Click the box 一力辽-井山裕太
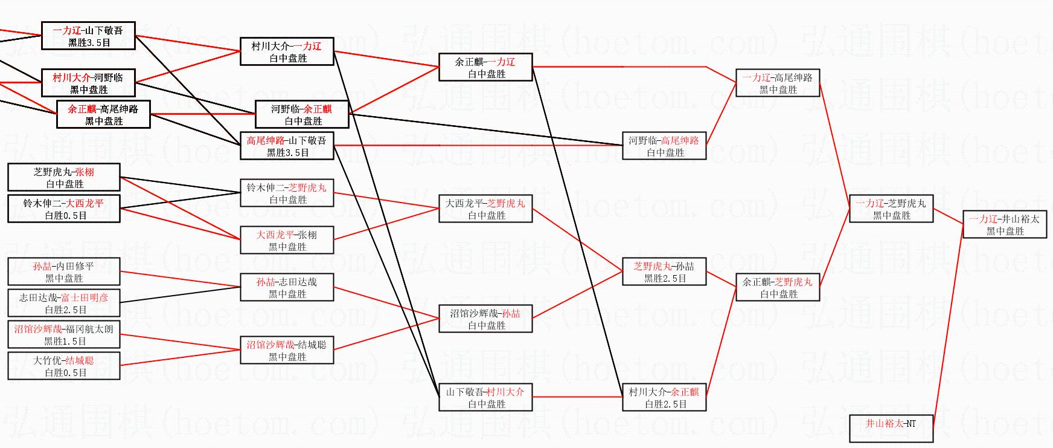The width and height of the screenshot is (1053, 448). [1004, 224]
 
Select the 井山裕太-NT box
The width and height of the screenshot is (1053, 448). [891, 429]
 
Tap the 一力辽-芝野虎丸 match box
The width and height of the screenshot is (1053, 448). [891, 209]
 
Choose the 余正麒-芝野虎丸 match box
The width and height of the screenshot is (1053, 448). [778, 287]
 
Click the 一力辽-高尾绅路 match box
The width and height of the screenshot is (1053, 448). [778, 83]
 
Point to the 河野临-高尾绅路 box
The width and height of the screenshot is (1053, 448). [664, 146]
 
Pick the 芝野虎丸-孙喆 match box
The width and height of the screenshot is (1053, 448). [664, 271]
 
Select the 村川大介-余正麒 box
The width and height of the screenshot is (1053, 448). [664, 397]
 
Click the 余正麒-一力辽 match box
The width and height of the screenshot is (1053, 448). [485, 67]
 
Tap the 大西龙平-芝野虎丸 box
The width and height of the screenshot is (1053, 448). [485, 209]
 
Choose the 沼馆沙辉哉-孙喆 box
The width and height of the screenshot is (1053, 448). [485, 319]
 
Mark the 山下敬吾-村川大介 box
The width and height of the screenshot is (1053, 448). [485, 397]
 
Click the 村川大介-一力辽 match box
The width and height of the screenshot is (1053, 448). [287, 51]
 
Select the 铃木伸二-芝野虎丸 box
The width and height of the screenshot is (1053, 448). [287, 193]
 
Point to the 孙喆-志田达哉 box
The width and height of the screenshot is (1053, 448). [287, 287]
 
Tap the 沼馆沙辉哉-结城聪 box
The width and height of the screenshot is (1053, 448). [287, 350]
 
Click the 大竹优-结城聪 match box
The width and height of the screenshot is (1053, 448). [64, 366]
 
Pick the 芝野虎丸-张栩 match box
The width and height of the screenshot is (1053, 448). [64, 177]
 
